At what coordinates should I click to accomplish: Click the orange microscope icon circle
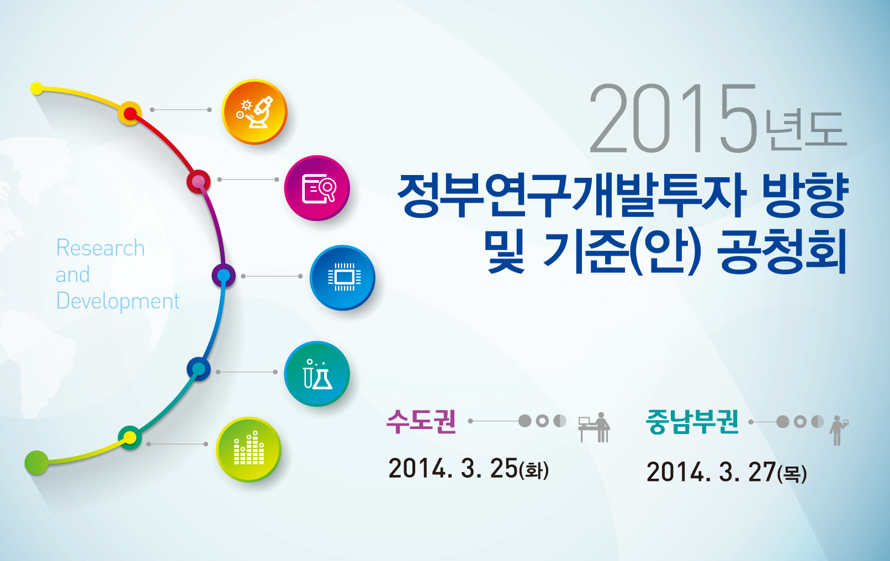[255, 112]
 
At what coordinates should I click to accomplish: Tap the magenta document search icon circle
[317, 188]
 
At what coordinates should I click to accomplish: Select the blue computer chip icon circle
[342, 278]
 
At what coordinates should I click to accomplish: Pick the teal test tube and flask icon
[317, 374]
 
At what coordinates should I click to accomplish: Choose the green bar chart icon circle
[248, 449]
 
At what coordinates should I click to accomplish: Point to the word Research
[100, 247]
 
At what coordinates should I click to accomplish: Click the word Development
[118, 301]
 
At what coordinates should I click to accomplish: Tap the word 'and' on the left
[73, 274]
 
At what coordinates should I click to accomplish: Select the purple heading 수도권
[421, 421]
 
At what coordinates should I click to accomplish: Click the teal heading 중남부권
[692, 421]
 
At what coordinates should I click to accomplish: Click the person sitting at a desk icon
[594, 427]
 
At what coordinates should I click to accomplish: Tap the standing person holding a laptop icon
[839, 430]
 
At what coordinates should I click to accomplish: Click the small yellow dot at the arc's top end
[37, 88]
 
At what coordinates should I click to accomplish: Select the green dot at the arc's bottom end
[36, 463]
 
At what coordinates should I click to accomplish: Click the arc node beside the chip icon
[224, 276]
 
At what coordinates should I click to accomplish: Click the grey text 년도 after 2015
[807, 130]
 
